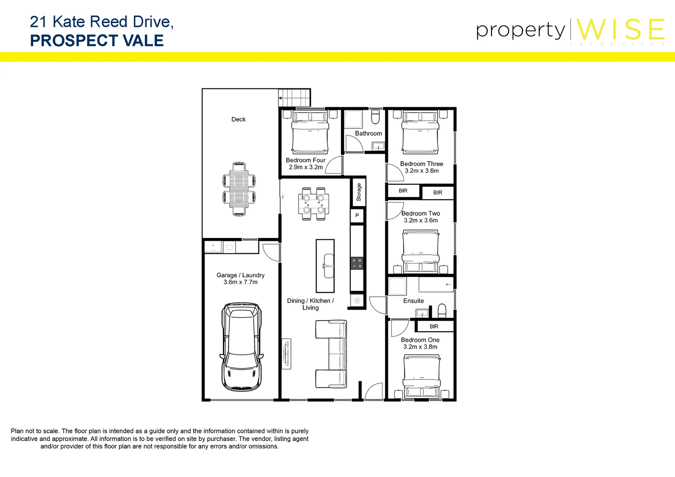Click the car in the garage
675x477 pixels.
pyautogui.click(x=241, y=347)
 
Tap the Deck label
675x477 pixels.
pyautogui.click(x=238, y=119)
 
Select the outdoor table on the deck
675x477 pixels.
pyautogui.click(x=239, y=189)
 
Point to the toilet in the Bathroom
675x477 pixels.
pyautogui.click(x=375, y=117)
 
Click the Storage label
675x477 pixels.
pyautogui.click(x=358, y=192)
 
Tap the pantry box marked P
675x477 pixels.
pyautogui.click(x=357, y=216)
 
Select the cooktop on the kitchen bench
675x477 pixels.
pyautogui.click(x=357, y=264)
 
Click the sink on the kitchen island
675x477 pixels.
pyautogui.click(x=328, y=265)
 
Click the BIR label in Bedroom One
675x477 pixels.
pyautogui.click(x=434, y=326)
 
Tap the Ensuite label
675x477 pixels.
pyautogui.click(x=413, y=301)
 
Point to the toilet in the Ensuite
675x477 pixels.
pyautogui.click(x=442, y=310)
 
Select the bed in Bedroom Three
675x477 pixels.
pyautogui.click(x=420, y=132)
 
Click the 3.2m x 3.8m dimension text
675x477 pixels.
pyautogui.click(x=420, y=347)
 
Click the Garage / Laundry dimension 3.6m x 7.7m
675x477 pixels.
pyautogui.click(x=240, y=282)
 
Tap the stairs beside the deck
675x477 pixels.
pyautogui.click(x=294, y=97)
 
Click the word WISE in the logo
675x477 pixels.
pyautogui.click(x=621, y=30)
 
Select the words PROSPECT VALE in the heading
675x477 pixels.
pyautogui.click(x=97, y=41)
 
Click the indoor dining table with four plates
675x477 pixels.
pyautogui.click(x=313, y=204)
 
